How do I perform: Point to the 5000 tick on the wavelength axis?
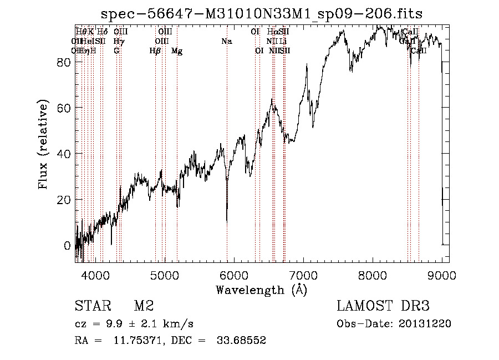pyautogui.click(x=164, y=274)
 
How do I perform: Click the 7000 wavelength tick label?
pyautogui.click(x=303, y=274)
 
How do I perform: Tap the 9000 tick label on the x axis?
pyautogui.click(x=442, y=274)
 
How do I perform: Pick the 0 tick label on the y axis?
pyautogui.click(x=67, y=245)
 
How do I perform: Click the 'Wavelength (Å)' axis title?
pyautogui.click(x=261, y=290)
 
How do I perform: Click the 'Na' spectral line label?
pyautogui.click(x=226, y=41)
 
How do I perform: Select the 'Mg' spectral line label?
pyautogui.click(x=177, y=50)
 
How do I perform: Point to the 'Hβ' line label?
pyautogui.click(x=155, y=50)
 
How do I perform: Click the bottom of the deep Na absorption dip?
pyautogui.click(x=227, y=221)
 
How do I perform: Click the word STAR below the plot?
pyautogui.click(x=91, y=306)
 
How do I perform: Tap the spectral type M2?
pyautogui.click(x=144, y=306)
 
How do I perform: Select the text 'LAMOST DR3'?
pyautogui.click(x=383, y=306)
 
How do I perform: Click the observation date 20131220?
pyautogui.click(x=426, y=324)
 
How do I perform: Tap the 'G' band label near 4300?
pyautogui.click(x=116, y=50)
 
